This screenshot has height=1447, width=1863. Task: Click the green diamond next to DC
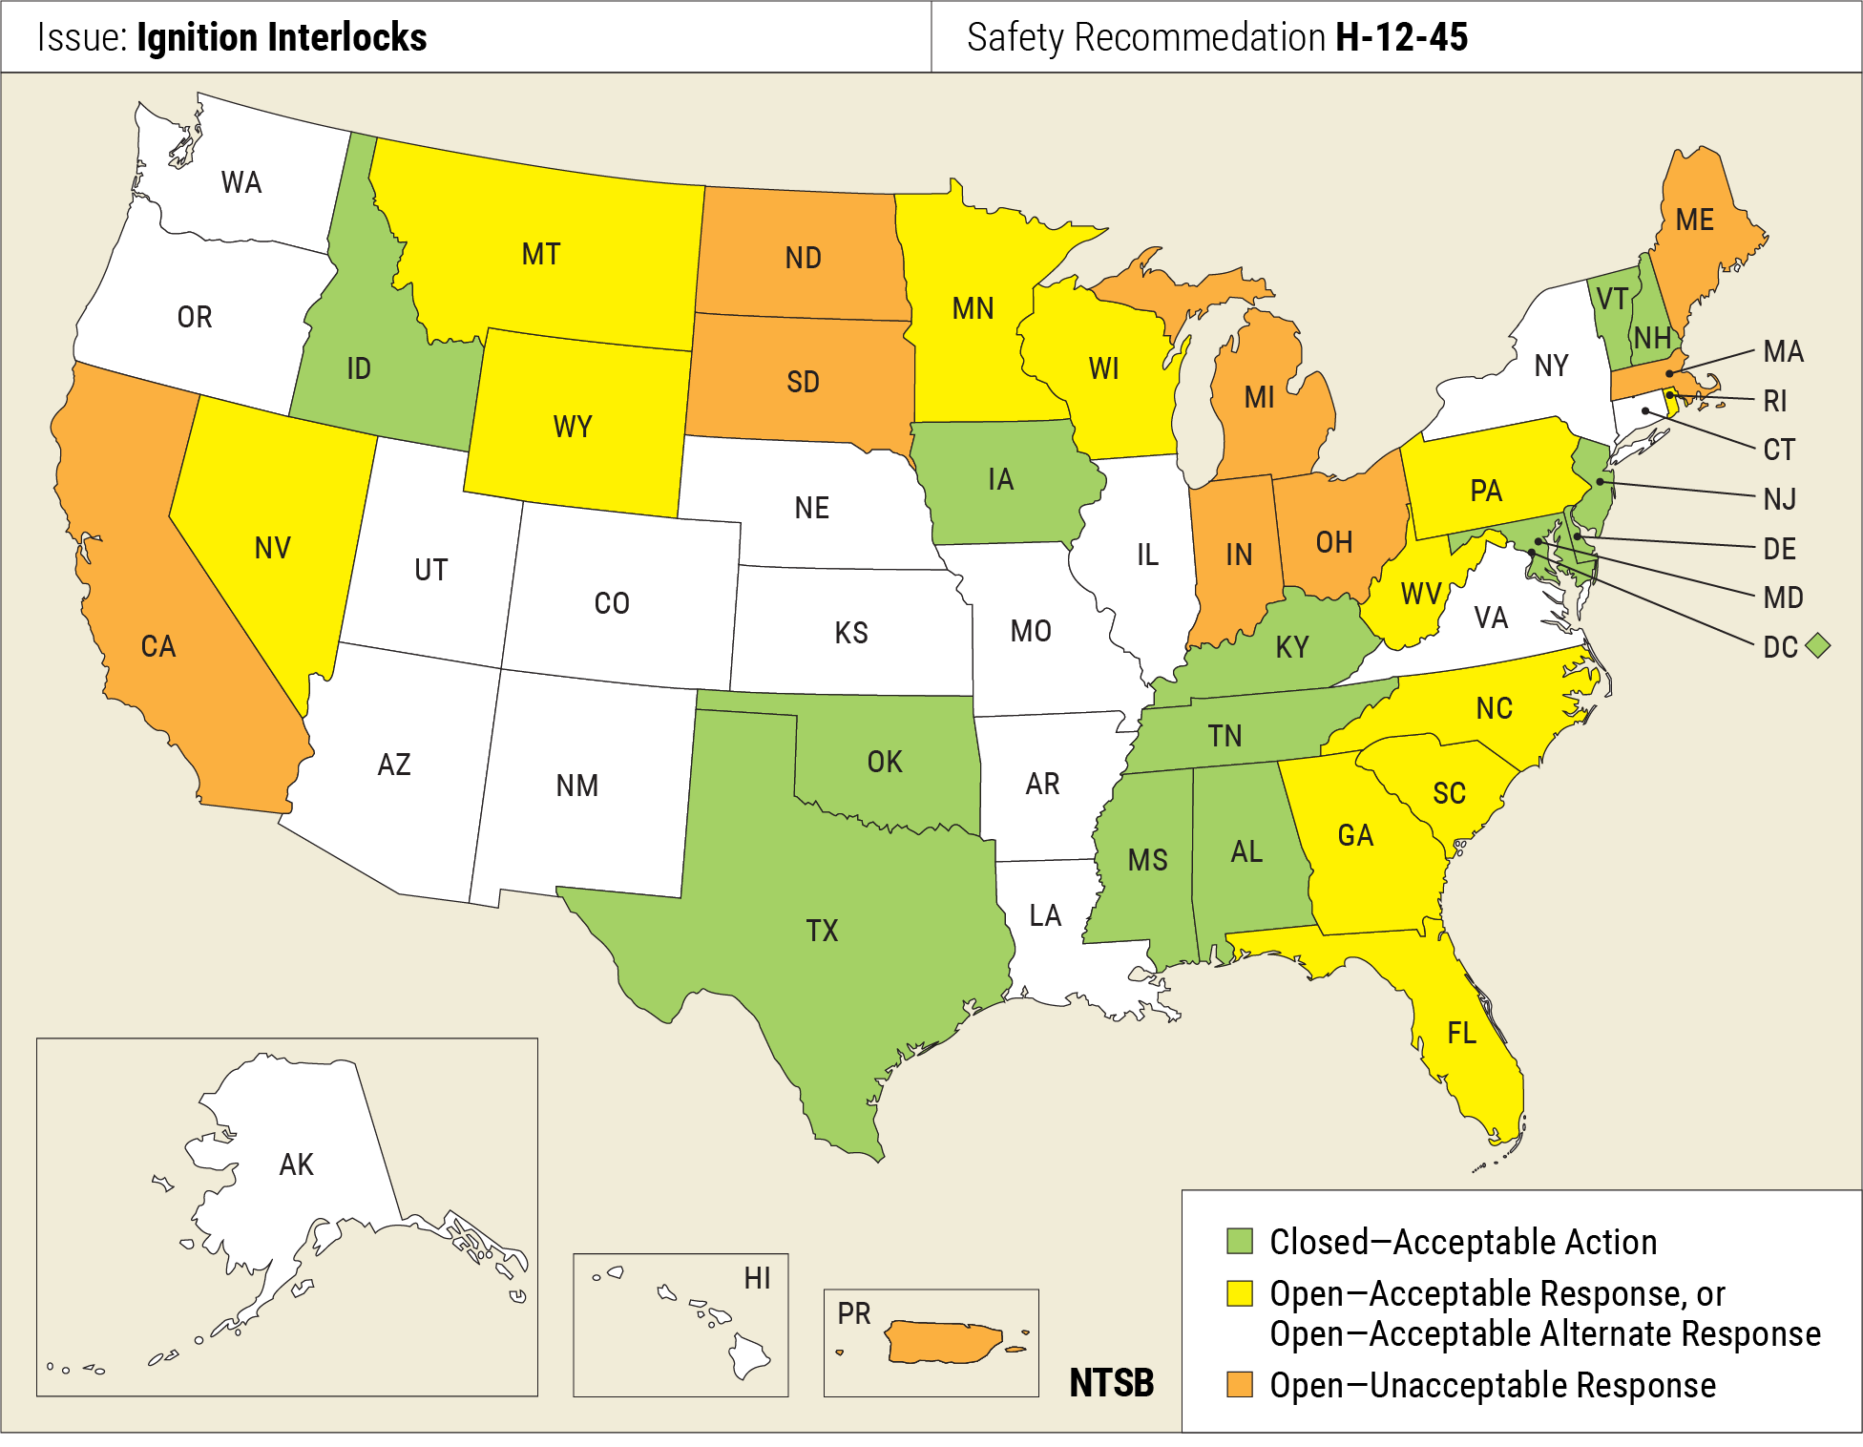coord(1818,646)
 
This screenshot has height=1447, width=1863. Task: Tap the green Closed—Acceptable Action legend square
coord(1239,1241)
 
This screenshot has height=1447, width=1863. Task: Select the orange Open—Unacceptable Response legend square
coord(1239,1384)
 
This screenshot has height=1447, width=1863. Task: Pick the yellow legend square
coord(1239,1293)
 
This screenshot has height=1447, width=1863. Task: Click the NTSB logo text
coord(1111,1382)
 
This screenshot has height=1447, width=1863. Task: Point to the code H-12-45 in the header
coord(1401,37)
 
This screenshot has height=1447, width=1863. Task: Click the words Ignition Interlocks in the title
coord(282,37)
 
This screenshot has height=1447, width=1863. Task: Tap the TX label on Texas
coord(822,931)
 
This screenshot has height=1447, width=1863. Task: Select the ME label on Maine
coord(1694,220)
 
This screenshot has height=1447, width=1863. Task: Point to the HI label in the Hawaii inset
coord(757,1278)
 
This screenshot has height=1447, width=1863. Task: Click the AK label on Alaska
coord(296,1164)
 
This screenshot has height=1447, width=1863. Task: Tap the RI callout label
coord(1775,401)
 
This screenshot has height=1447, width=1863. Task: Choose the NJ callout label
coord(1780,498)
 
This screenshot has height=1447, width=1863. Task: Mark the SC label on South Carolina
coord(1449,793)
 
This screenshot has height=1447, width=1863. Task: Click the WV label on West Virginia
coord(1420,594)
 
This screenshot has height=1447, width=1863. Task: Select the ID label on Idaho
coord(358,368)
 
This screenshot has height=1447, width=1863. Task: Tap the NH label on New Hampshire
coord(1652,338)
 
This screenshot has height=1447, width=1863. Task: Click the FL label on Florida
coord(1461,1033)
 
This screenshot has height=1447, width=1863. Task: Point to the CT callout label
coord(1779,450)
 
